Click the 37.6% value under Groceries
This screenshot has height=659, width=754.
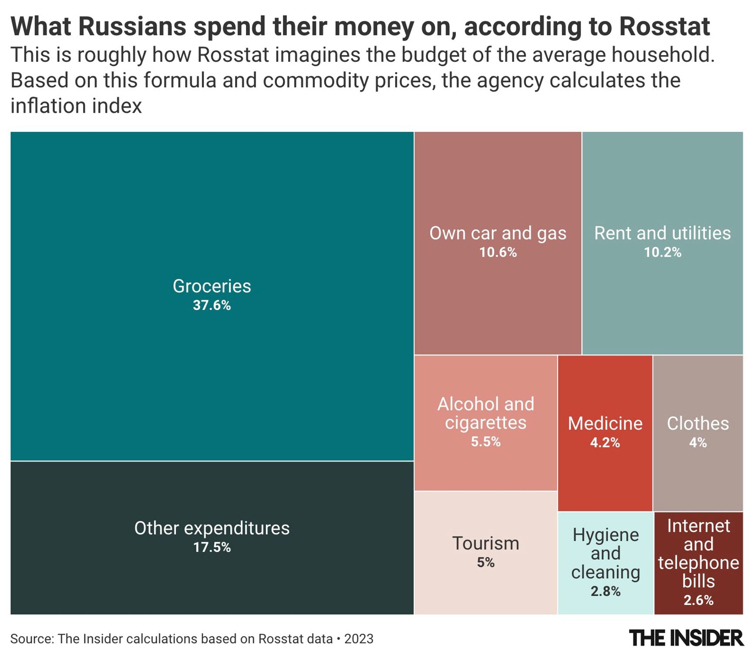[x=212, y=305]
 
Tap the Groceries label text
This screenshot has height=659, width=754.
[x=212, y=286]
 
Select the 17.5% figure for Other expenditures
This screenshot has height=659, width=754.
[x=212, y=547]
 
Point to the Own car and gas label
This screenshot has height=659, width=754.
[x=498, y=233]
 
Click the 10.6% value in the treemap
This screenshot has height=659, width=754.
[x=498, y=252]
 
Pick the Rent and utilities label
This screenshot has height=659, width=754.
[x=662, y=233]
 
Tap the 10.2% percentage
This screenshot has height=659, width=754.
[x=662, y=252]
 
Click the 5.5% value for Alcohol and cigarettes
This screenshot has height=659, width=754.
[x=485, y=442]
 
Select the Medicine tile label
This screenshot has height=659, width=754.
[x=605, y=424]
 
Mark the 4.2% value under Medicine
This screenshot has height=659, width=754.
[x=605, y=443]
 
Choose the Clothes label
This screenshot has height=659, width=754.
[x=697, y=424]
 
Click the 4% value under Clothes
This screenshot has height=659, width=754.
[x=697, y=443]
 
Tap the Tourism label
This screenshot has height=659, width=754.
[x=485, y=543]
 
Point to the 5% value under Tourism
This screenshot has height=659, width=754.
[x=485, y=562]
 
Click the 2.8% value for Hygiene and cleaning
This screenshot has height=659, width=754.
[x=605, y=591]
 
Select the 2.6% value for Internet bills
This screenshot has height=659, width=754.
[x=698, y=600]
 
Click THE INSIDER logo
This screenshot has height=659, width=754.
[x=686, y=638]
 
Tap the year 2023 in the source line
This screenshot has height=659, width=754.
[x=359, y=639]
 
